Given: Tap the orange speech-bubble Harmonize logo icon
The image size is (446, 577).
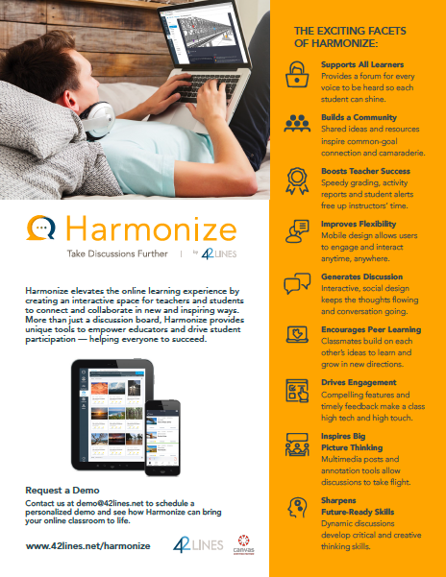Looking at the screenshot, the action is pos(41,228).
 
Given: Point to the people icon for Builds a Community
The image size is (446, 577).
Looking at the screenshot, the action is pos(295,123).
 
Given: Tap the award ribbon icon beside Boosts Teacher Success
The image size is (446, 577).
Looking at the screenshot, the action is pos(295,178).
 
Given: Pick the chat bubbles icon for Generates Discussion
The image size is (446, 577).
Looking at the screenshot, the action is pos(295,282).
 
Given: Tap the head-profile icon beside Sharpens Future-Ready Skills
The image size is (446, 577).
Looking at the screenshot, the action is pos(295,506).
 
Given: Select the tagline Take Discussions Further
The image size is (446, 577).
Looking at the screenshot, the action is pos(95,253).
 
